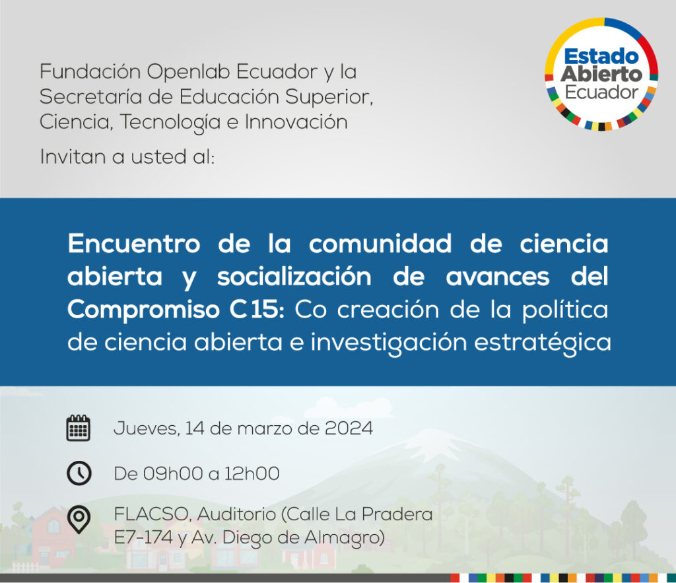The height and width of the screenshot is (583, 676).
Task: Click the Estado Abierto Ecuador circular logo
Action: coord(601,74)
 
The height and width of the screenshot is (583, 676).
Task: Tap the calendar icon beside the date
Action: coord(78,429)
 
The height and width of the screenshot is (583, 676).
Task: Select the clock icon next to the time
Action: coord(79,473)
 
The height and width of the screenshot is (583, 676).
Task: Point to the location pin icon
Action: coord(79,520)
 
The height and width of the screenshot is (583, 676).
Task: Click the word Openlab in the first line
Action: coord(189,72)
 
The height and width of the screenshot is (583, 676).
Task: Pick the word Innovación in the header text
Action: coord(296,121)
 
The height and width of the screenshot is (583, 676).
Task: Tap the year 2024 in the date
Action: coord(349,429)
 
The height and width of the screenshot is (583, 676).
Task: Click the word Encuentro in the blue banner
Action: coord(134,244)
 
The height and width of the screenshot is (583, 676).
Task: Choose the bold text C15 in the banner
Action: coord(257,309)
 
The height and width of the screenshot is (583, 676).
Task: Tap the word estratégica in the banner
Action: coord(543,343)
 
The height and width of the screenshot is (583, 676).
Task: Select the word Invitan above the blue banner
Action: coord(73,156)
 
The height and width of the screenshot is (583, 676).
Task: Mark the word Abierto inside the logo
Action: coord(601,74)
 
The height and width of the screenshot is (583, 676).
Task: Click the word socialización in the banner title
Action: coord(294,277)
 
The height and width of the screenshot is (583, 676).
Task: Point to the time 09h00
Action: coord(172,473)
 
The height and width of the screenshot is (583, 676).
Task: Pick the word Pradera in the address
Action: coord(397,514)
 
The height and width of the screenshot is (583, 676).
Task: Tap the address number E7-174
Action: coord(143,537)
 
